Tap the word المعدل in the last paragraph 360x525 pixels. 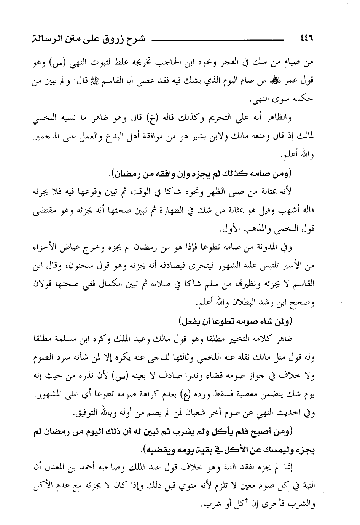(67, 469)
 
